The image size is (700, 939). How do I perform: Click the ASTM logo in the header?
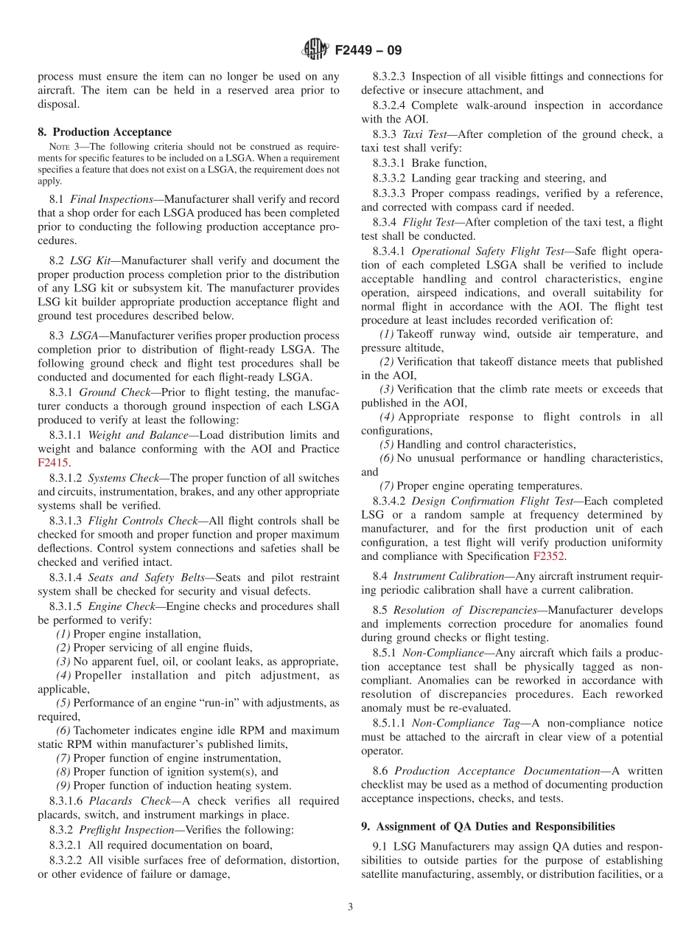[x=316, y=50]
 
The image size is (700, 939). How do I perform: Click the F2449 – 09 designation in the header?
[x=368, y=51]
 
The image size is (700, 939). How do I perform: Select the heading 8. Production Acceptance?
[x=105, y=132]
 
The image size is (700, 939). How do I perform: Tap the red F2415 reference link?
[x=52, y=462]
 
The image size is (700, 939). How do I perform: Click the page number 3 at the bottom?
[x=350, y=907]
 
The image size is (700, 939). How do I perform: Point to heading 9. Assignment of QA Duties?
[x=488, y=826]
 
